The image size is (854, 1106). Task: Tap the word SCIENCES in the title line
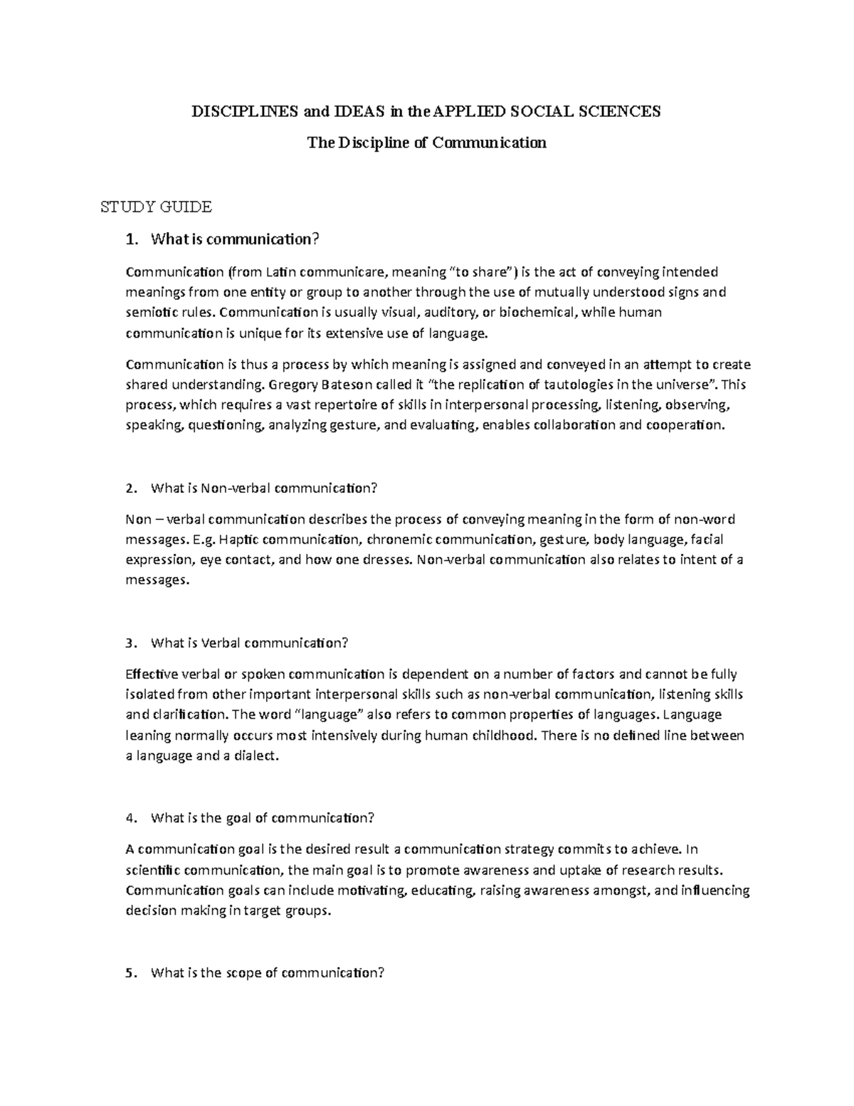click(x=621, y=111)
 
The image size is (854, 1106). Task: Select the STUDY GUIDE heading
click(x=156, y=207)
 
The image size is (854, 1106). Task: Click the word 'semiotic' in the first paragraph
click(x=148, y=312)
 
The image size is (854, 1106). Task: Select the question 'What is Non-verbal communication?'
click(x=263, y=488)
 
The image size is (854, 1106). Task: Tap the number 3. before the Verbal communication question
click(x=130, y=643)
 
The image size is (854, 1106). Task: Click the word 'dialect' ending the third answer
click(x=255, y=756)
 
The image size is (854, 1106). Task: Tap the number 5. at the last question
click(x=130, y=973)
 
